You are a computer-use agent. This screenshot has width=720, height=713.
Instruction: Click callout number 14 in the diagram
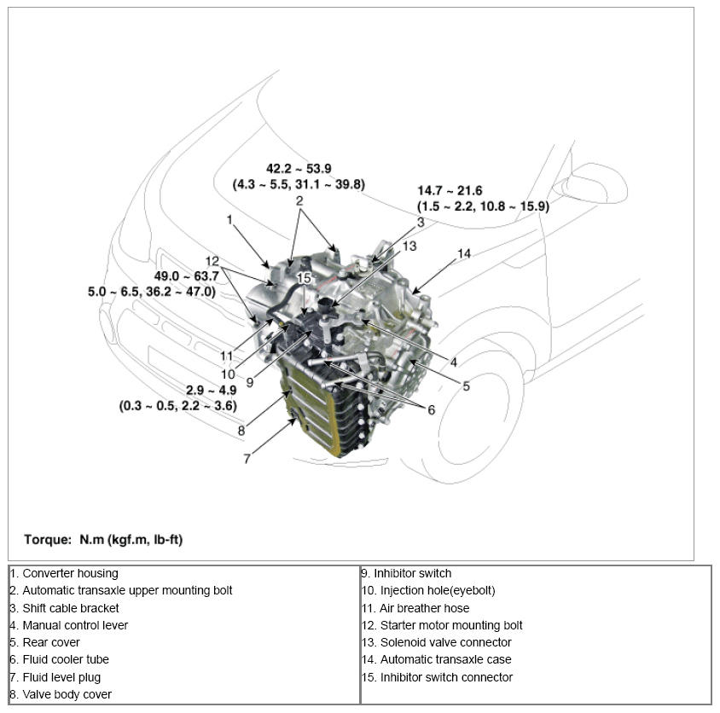(463, 253)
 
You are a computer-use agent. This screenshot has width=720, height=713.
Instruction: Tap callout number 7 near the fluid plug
(247, 459)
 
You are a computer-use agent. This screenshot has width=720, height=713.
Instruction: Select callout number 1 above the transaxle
(229, 219)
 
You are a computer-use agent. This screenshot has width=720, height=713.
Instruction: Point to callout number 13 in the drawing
(409, 246)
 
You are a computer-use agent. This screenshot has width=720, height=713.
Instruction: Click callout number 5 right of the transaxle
(466, 385)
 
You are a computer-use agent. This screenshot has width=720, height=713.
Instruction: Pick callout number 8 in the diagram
(241, 431)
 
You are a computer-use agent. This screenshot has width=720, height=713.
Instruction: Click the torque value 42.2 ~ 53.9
(299, 169)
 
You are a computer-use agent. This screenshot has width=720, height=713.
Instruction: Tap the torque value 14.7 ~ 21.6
(450, 191)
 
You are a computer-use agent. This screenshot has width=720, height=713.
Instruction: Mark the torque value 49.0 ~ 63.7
(186, 276)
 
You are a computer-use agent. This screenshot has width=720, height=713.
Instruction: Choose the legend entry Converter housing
(70, 573)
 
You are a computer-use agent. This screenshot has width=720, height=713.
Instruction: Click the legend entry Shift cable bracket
(70, 608)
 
